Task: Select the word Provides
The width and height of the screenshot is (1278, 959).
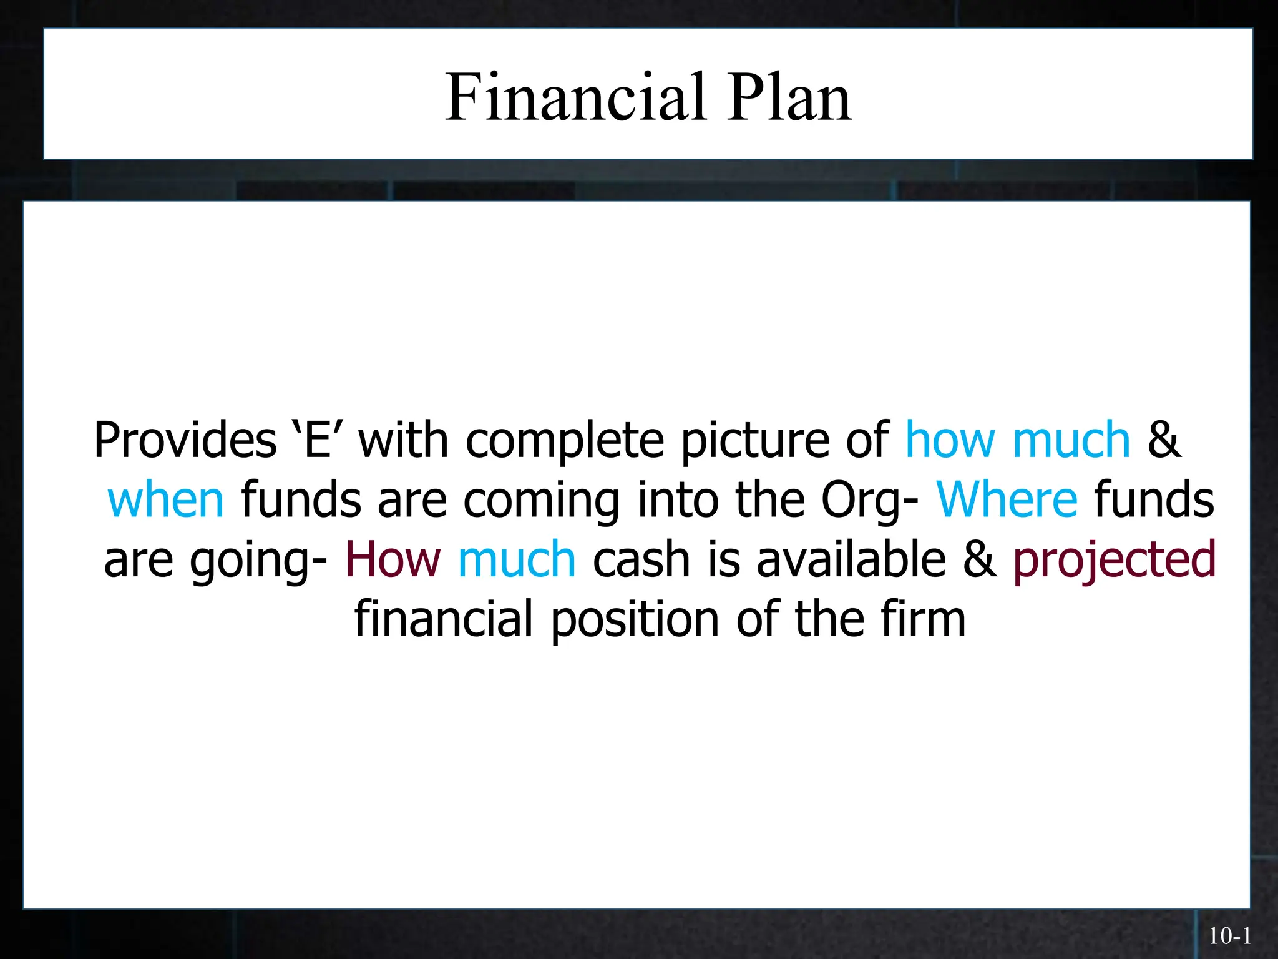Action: pos(185,440)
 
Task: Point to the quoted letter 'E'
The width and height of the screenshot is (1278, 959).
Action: pos(317,440)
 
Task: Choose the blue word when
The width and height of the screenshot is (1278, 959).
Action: pos(165,500)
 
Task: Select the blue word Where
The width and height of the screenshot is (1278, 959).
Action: pos(1007,500)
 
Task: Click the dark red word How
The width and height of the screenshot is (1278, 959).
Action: pos(393,559)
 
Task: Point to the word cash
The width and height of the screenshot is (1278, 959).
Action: pos(641,559)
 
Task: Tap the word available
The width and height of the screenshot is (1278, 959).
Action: pos(851,559)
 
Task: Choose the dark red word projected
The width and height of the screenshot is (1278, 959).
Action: pos(1114,561)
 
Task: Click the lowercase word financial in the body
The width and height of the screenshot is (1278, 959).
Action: pos(444,619)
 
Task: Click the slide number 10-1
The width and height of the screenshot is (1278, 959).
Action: pos(1230,936)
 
